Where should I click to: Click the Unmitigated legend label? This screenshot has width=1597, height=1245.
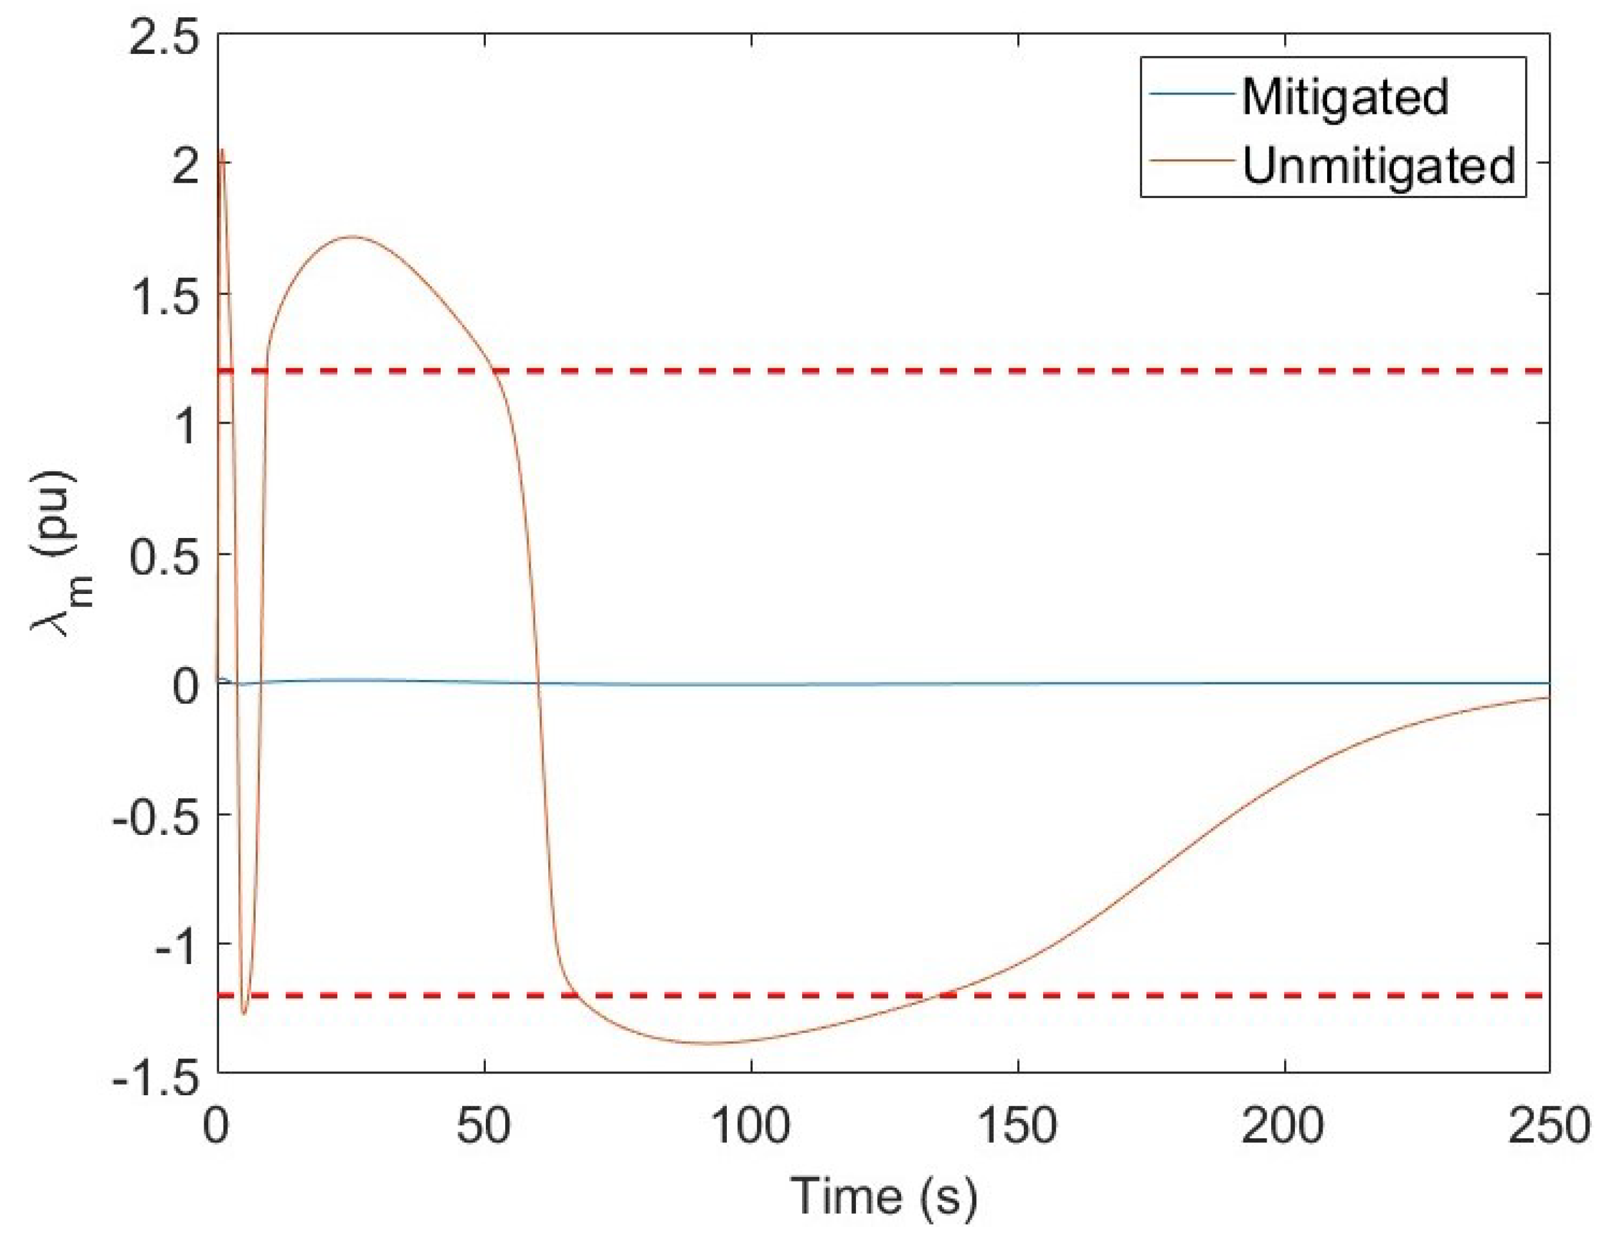point(1378,166)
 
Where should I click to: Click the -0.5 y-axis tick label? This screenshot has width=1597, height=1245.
point(154,816)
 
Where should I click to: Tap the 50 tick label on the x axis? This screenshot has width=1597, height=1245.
point(484,1127)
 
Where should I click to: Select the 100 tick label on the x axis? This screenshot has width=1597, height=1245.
point(751,1127)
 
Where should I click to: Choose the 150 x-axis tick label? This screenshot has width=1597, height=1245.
point(1017,1127)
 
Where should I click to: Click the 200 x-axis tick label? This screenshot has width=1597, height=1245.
point(1283,1127)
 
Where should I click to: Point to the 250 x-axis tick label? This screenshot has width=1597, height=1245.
point(1549,1127)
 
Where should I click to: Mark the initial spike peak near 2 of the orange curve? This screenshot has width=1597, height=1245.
point(222,150)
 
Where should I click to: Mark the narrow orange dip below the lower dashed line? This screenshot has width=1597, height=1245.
point(244,1014)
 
